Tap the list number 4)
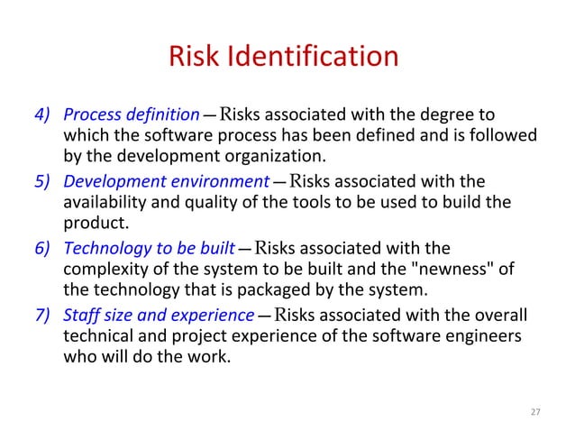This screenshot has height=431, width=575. (44, 115)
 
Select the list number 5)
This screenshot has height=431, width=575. (44, 181)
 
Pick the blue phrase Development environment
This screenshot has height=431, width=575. (166, 181)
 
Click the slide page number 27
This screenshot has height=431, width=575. (534, 412)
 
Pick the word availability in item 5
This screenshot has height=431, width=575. (103, 203)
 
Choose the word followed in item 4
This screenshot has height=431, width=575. (506, 137)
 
